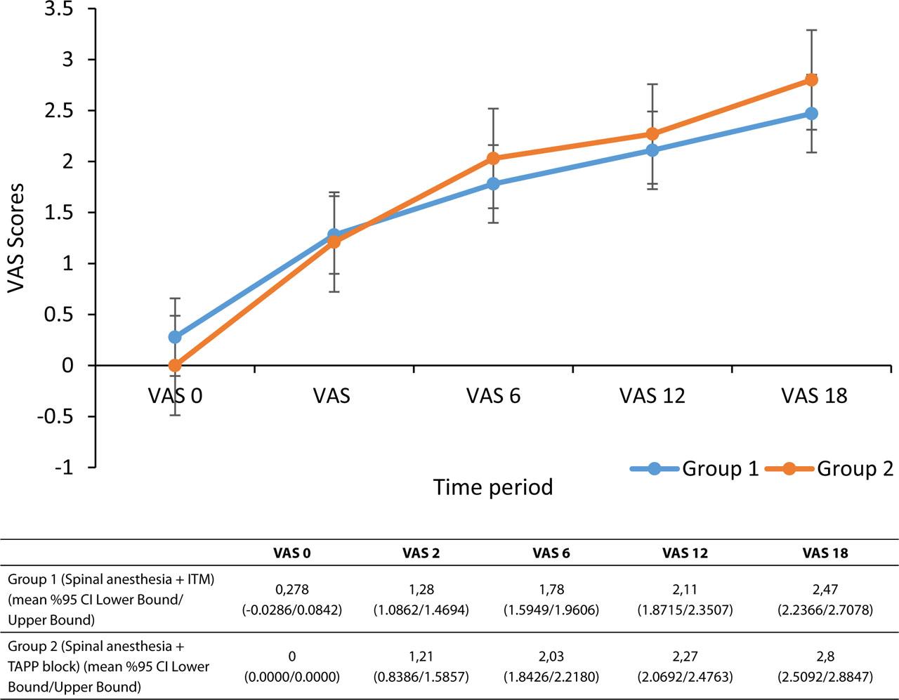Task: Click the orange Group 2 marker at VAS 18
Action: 811,80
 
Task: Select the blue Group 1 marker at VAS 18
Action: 811,114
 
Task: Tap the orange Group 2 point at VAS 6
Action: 493,159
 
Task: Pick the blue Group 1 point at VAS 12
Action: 652,150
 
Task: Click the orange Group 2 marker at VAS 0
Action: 175,366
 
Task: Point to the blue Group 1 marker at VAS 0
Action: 175,337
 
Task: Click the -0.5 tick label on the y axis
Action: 59,416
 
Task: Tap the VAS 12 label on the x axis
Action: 652,396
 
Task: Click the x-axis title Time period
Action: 493,487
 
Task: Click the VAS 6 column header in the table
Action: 551,553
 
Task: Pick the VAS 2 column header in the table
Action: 421,553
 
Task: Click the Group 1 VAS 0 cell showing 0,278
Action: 292,590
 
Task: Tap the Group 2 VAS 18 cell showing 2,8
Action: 825,656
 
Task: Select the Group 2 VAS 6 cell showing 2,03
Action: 551,656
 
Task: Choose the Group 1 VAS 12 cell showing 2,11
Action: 685,590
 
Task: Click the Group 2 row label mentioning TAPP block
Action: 109,666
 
